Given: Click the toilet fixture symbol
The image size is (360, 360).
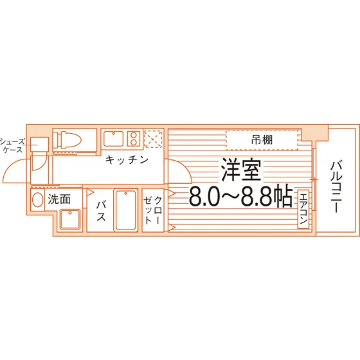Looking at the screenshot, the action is [67, 139].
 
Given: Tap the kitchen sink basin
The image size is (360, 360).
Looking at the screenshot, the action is [113, 138].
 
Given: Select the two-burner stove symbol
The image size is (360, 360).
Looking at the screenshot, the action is [134, 138].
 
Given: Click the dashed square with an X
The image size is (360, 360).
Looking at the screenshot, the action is [153, 138].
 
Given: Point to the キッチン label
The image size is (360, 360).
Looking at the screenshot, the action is [127, 159].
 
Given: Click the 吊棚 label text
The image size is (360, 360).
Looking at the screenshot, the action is [262, 140].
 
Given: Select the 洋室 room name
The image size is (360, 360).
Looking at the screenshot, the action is [241, 170].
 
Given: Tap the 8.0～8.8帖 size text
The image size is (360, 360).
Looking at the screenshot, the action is [241, 197].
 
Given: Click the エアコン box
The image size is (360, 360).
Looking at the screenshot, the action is [303, 209].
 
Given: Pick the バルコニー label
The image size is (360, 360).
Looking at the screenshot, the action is [336, 186].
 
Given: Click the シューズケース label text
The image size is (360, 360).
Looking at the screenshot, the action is [12, 145].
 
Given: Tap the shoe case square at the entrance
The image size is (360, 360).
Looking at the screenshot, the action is [39, 145].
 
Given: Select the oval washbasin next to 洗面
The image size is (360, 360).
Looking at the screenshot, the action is [38, 200].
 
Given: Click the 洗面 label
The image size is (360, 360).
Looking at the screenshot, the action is [59, 199].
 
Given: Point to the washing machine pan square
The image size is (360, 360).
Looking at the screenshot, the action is [70, 219].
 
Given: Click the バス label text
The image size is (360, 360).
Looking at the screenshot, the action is [101, 211].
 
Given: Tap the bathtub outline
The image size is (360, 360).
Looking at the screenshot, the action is [125, 210].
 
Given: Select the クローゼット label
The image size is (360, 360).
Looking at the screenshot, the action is [153, 210].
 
